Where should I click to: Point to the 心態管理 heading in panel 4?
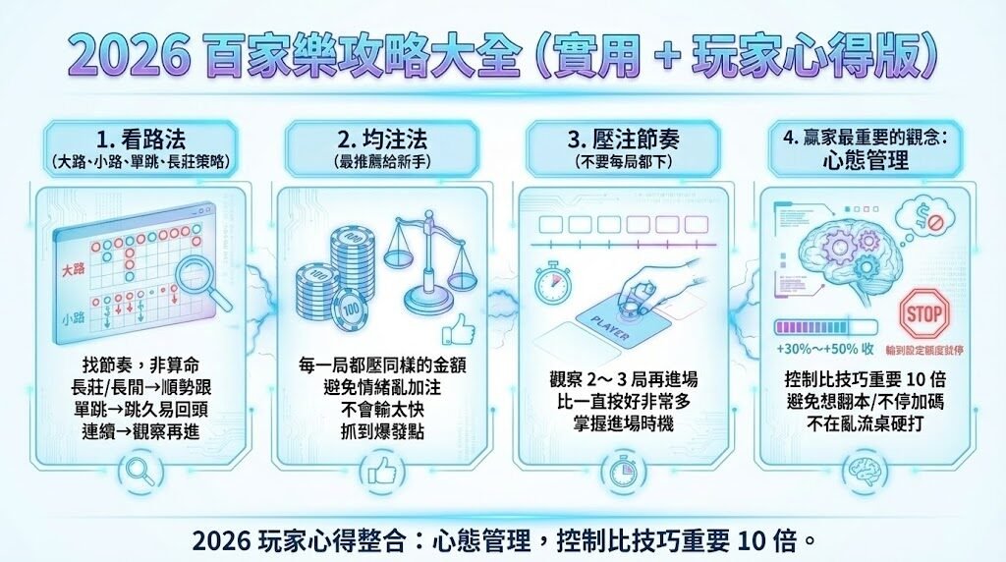pos(866,161)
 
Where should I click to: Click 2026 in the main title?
pos(128,58)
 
